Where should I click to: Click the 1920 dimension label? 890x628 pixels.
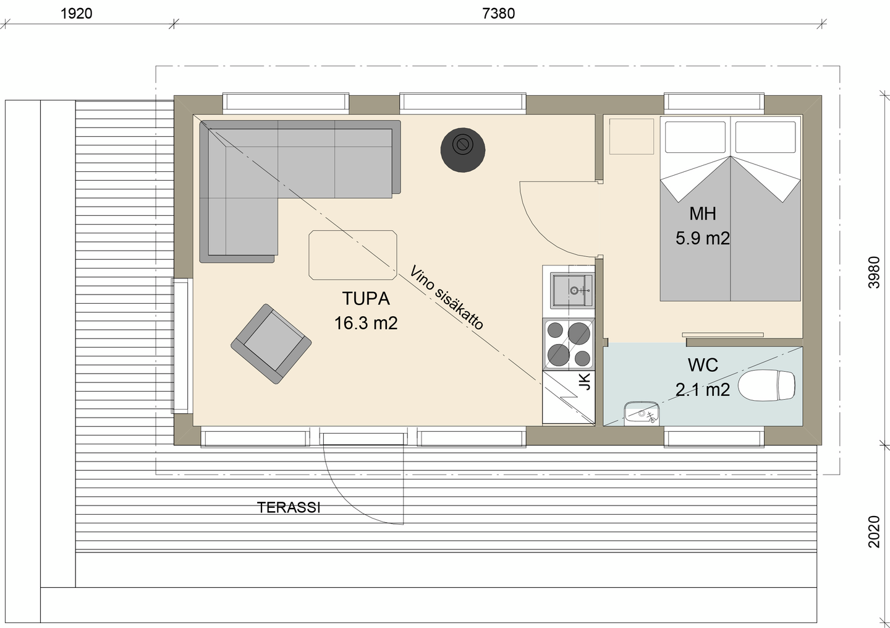[x=76, y=14]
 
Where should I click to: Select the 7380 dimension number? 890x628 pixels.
[x=499, y=14]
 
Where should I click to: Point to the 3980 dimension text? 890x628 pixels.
[x=874, y=272]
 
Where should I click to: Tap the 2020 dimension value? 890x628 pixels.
[x=874, y=531]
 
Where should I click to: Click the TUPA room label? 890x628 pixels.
[x=366, y=298]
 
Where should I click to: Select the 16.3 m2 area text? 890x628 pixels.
[x=366, y=323]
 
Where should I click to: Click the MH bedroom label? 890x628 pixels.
[x=703, y=213]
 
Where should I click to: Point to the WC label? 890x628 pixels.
[x=703, y=365]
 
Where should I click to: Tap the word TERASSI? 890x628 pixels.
[x=289, y=507]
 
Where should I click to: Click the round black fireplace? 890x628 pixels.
[x=463, y=150]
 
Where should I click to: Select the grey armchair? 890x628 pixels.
[x=271, y=344]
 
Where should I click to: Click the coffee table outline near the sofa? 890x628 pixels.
[x=353, y=255]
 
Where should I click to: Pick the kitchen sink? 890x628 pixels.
[x=572, y=290]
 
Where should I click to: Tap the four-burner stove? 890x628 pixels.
[x=569, y=345]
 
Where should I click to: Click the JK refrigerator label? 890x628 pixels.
[x=585, y=381]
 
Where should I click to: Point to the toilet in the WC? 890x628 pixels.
[x=767, y=386]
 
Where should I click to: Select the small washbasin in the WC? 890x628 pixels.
[x=642, y=413]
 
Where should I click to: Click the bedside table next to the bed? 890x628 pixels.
[x=632, y=136]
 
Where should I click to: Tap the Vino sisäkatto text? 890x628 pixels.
[x=447, y=298]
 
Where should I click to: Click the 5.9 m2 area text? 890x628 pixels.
[x=703, y=238]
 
